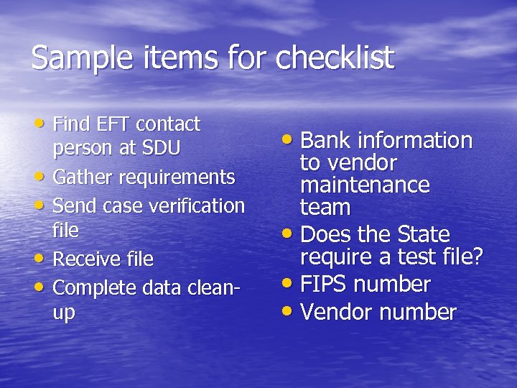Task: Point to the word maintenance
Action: click(x=365, y=185)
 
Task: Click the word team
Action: click(x=325, y=208)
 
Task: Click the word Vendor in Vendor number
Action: click(x=337, y=313)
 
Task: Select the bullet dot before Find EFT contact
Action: click(x=42, y=124)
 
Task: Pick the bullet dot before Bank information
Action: click(x=289, y=139)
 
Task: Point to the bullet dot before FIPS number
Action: click(x=289, y=284)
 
